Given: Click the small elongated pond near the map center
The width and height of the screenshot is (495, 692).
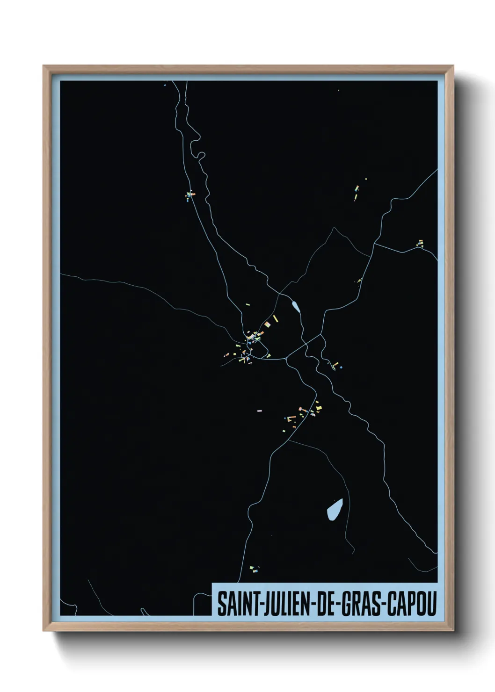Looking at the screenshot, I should (296, 307).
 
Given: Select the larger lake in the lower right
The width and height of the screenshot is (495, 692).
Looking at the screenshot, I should (335, 508).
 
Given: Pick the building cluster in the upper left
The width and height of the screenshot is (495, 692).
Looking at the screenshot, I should (190, 195).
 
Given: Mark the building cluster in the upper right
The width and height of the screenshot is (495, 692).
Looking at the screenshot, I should (358, 191).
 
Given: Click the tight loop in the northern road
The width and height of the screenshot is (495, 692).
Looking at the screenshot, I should (200, 156).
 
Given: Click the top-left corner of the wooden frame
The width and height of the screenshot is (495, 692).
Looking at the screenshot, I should (44, 66).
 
